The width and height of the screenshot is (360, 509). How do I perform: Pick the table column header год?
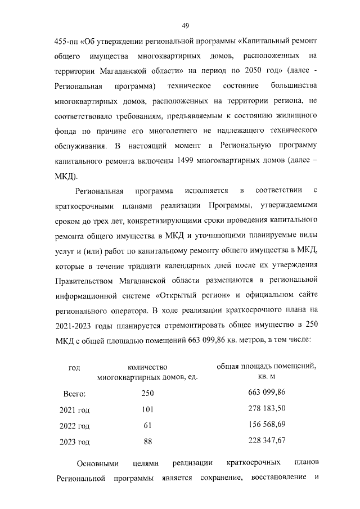pyautogui.click(x=74, y=368)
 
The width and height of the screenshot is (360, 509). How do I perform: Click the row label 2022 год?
pyautogui.click(x=74, y=426)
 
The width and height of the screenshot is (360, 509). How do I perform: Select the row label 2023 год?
pyautogui.click(x=74, y=442)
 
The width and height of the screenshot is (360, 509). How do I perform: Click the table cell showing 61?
pyautogui.click(x=147, y=425)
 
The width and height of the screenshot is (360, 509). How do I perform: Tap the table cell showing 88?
pyautogui.click(x=147, y=441)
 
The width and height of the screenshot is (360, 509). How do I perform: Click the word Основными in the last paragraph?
pyautogui.click(x=97, y=463)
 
